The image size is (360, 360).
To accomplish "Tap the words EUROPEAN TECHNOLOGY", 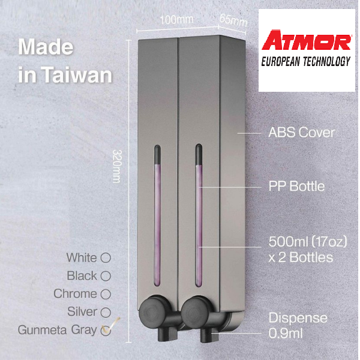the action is click(x=307, y=61).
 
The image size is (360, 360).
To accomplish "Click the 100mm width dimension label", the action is click(x=176, y=19).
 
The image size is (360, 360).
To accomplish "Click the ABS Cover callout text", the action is click(x=301, y=133).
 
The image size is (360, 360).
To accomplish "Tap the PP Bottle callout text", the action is click(x=296, y=186).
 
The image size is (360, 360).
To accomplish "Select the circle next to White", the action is click(x=106, y=258).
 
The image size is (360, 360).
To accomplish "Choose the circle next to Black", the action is click(x=106, y=276).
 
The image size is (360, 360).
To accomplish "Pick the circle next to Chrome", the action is click(x=106, y=294).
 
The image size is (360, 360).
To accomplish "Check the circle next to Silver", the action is click(x=106, y=312).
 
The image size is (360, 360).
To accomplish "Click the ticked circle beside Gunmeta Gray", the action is click(x=107, y=329).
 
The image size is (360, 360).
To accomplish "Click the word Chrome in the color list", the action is click(x=75, y=294).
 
